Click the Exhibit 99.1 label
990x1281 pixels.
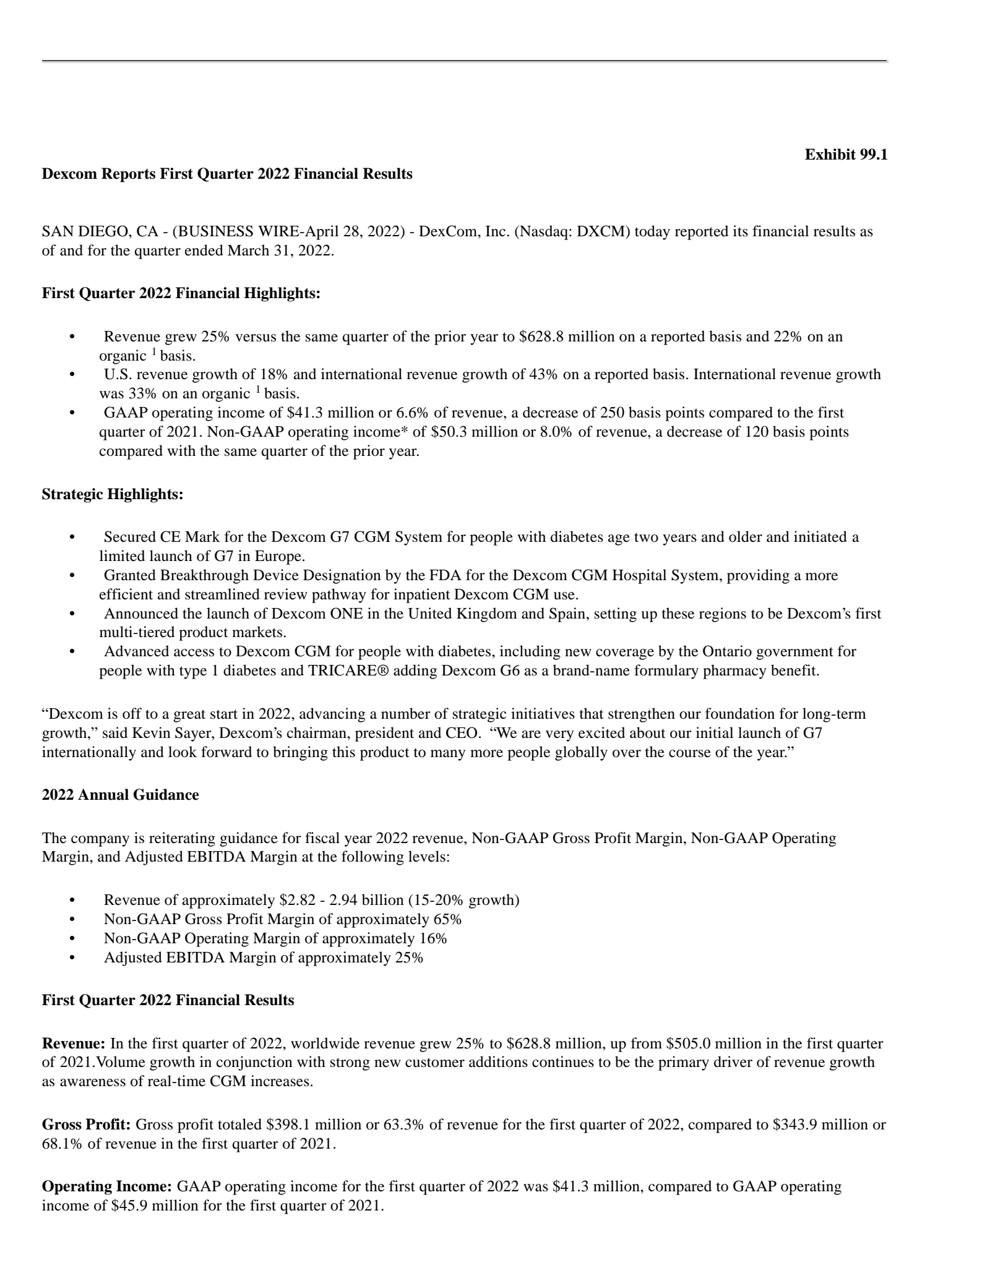coord(845,155)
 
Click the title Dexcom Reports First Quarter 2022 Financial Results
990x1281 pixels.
coord(226,174)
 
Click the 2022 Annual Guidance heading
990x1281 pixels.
coord(120,795)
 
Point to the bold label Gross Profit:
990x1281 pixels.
coord(86,1125)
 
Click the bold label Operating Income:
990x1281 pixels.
coord(106,1187)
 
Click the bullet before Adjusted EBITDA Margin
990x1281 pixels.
coord(74,958)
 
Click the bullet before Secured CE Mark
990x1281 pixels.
coord(74,538)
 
